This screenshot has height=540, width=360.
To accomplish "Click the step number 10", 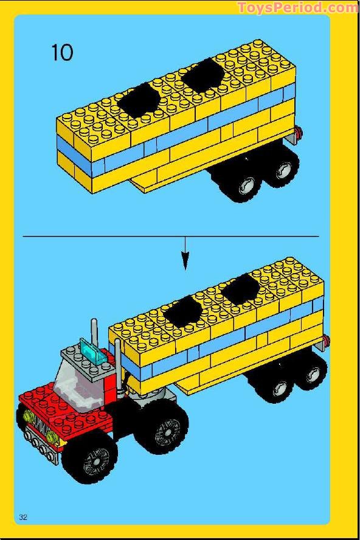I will (x=62, y=52).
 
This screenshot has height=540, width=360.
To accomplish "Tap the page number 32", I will (x=24, y=517).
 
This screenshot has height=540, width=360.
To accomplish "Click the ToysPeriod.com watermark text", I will (x=297, y=7).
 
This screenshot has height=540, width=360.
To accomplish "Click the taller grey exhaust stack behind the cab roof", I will (x=94, y=331).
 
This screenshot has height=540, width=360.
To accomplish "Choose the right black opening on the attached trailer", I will (x=241, y=287).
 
